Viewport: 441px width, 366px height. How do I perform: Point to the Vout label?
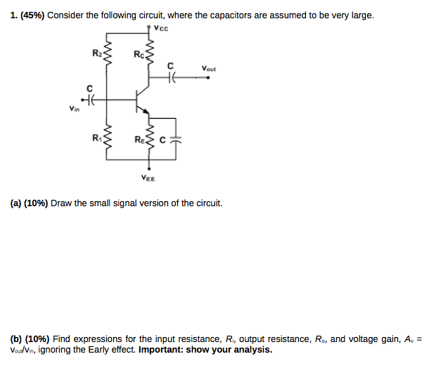(208, 69)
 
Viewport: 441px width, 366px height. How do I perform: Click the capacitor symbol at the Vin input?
(89, 100)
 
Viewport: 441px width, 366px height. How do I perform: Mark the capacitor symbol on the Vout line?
(170, 79)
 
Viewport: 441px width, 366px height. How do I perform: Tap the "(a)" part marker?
(16, 203)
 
